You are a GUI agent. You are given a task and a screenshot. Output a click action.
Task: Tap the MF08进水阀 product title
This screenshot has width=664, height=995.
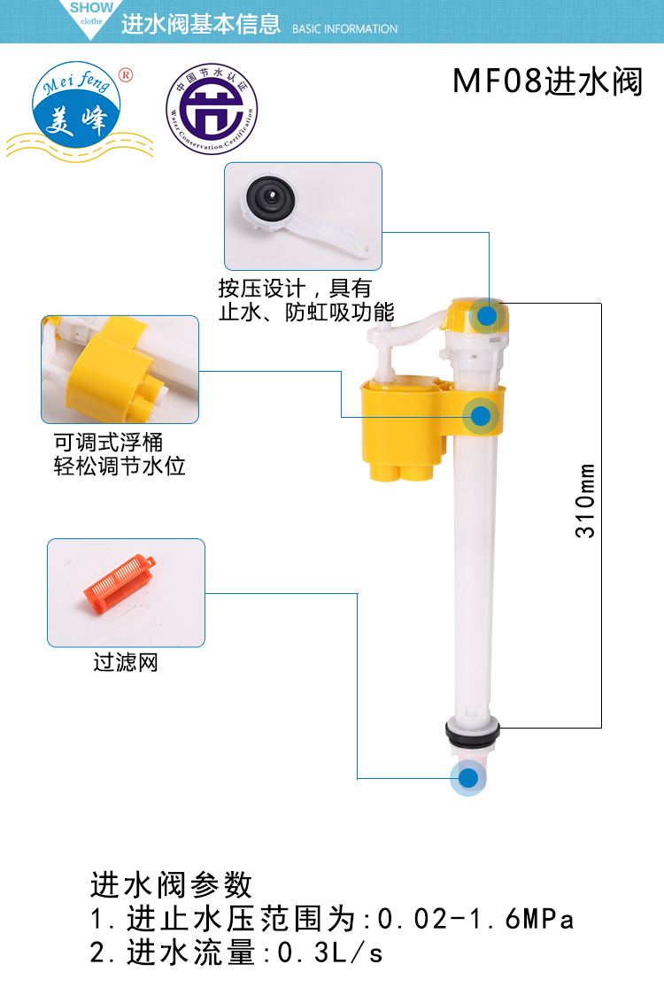pyautogui.click(x=547, y=82)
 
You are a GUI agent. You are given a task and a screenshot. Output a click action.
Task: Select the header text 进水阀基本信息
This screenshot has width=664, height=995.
pyautogui.click(x=201, y=25)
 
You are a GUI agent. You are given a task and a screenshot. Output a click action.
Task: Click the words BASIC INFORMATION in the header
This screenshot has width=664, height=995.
pyautogui.click(x=344, y=29)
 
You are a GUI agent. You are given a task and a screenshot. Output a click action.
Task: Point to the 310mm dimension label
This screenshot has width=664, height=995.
pyautogui.click(x=586, y=500)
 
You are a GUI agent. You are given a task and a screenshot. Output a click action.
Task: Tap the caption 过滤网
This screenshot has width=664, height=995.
pyautogui.click(x=126, y=662)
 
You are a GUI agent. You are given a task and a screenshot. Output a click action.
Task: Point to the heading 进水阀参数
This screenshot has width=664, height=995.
pyautogui.click(x=172, y=884)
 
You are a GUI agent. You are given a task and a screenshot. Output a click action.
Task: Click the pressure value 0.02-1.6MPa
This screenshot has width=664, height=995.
pyautogui.click(x=476, y=920)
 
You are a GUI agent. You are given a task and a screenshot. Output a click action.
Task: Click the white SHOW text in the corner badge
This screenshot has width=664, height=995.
pyautogui.click(x=91, y=8)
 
